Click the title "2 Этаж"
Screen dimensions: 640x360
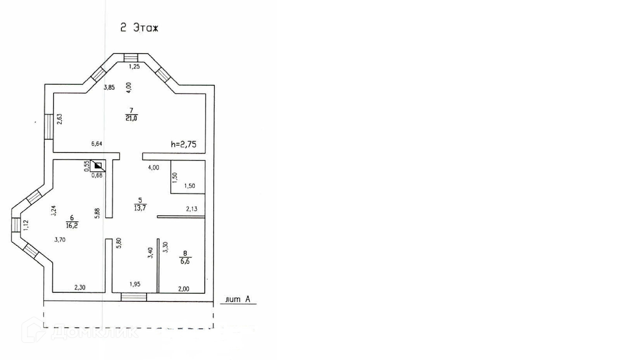pyautogui.click(x=139, y=28)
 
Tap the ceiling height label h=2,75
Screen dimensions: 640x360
pyautogui.click(x=183, y=144)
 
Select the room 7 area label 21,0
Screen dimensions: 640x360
pyautogui.click(x=131, y=118)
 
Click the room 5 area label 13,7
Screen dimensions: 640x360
pyautogui.click(x=140, y=208)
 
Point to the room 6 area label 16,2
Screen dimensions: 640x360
pyautogui.click(x=72, y=225)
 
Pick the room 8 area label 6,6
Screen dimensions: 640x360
pyautogui.click(x=185, y=261)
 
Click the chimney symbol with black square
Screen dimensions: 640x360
pyautogui.click(x=98, y=166)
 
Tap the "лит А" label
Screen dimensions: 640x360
pyautogui.click(x=238, y=299)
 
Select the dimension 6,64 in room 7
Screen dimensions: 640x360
pyautogui.click(x=97, y=144)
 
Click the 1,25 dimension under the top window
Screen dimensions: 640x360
pyautogui.click(x=134, y=67)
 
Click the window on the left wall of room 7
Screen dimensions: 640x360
pyautogui.click(x=49, y=127)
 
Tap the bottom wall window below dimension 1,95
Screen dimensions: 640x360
pyautogui.click(x=134, y=297)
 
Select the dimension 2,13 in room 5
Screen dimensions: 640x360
pyautogui.click(x=192, y=209)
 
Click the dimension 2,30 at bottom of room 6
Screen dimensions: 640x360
pyautogui.click(x=80, y=287)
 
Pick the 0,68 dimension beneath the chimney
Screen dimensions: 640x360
pyautogui.click(x=97, y=175)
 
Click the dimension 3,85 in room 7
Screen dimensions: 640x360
pyautogui.click(x=109, y=88)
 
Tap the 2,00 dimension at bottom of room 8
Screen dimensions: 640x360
pyautogui.click(x=184, y=289)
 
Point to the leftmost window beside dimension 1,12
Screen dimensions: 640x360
pyautogui.click(x=16, y=225)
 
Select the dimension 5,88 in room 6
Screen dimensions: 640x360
pyautogui.click(x=97, y=213)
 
